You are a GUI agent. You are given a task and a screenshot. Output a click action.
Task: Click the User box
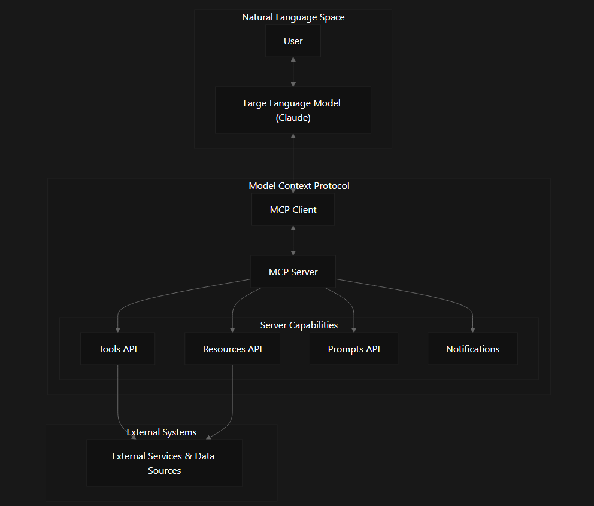[x=293, y=41]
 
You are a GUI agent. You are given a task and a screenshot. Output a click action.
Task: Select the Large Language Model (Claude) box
[x=293, y=110]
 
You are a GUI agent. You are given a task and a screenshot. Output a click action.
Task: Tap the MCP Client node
[x=293, y=210]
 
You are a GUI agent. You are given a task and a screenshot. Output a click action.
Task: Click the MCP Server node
[x=293, y=272]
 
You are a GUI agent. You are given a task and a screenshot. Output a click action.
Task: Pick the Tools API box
[x=117, y=349]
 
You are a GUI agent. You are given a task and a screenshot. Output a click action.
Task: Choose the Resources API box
[x=232, y=349]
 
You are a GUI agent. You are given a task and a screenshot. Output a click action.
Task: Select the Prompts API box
[x=354, y=349]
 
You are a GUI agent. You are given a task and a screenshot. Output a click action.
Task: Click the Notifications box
[x=472, y=349]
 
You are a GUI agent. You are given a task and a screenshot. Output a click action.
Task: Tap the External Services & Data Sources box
[x=165, y=463]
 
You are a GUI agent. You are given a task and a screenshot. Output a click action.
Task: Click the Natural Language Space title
[x=293, y=17]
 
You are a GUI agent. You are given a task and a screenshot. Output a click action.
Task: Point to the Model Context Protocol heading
[x=299, y=186]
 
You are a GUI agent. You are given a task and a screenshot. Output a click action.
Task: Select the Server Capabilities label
[x=299, y=325]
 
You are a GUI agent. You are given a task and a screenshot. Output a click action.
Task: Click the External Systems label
[x=162, y=432]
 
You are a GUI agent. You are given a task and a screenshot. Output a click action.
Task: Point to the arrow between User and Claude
[x=293, y=72]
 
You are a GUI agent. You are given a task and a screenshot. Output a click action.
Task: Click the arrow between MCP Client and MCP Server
[x=293, y=240]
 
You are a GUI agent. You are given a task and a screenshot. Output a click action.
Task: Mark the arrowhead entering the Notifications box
[x=472, y=330]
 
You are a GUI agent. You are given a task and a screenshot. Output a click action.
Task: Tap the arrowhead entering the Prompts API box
[x=354, y=330]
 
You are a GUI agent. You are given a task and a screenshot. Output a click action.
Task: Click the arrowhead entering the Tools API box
[x=117, y=330]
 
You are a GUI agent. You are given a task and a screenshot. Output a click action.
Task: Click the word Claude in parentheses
[x=293, y=118]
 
